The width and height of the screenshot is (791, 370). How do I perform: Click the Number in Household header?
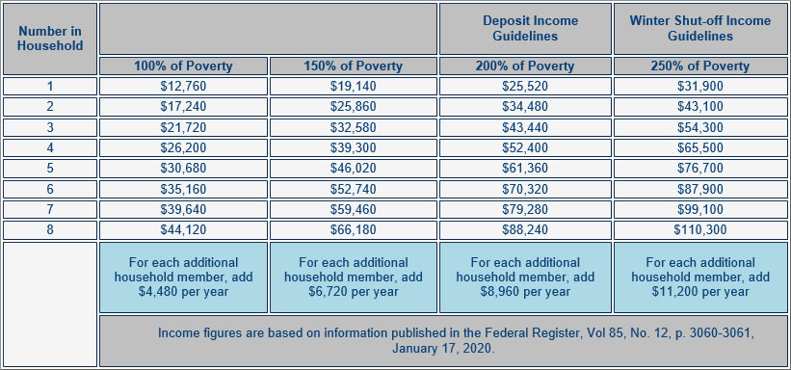[x=50, y=38]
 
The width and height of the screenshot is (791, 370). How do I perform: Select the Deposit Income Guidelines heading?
[x=525, y=28]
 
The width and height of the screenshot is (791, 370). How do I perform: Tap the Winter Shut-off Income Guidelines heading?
[x=700, y=28]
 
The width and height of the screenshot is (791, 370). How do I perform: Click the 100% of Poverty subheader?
[x=183, y=66]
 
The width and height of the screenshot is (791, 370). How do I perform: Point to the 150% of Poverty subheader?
[x=354, y=66]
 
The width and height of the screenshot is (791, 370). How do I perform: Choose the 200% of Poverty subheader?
[x=525, y=66]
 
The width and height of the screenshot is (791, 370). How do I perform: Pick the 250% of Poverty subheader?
[x=700, y=66]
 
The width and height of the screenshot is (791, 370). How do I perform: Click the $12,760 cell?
[x=183, y=86]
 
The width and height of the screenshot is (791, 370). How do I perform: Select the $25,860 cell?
[x=354, y=106]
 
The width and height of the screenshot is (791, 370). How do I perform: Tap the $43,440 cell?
[x=525, y=127]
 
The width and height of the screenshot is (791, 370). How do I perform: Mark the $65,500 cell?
[x=700, y=147]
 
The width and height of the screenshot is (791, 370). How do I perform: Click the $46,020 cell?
[x=354, y=169]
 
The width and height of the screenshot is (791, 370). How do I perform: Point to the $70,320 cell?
[x=525, y=189]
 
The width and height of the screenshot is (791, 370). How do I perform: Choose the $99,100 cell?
[x=700, y=209]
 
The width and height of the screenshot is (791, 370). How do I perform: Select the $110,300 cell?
[x=700, y=230]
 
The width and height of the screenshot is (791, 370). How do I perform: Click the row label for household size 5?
[x=50, y=169]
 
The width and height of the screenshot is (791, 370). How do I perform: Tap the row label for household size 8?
[x=50, y=230]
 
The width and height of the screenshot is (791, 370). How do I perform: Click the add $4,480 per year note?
[x=183, y=277]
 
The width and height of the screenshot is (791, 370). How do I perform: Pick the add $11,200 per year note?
[x=700, y=277]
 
